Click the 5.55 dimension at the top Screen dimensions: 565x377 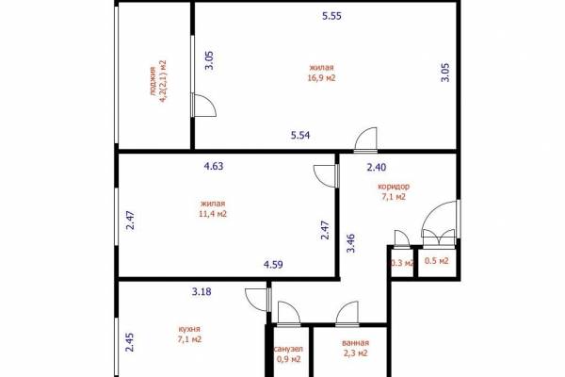[331, 16]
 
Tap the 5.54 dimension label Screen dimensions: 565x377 [300, 136]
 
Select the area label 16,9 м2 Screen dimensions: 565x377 [321, 78]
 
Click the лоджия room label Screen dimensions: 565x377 [153, 81]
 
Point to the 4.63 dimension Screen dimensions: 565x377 [214, 166]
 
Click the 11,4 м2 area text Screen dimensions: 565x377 [213, 214]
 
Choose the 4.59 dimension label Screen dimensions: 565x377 [273, 265]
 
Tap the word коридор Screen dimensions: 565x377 [394, 187]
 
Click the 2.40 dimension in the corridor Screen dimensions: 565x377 [377, 168]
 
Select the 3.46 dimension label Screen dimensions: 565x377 [351, 243]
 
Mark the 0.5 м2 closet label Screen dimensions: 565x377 [437, 260]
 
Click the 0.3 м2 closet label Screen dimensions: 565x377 [402, 263]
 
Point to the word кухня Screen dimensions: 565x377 [189, 329]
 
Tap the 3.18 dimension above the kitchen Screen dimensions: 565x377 [202, 291]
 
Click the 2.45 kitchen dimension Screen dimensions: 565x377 [130, 342]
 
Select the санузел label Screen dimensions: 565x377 [289, 350]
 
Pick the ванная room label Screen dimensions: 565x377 [355, 343]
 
